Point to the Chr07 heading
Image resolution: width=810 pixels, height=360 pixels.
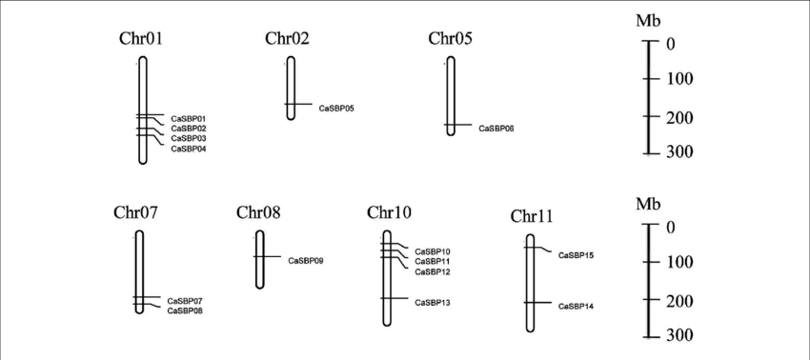click(135, 211)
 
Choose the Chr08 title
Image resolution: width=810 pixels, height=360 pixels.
click(258, 211)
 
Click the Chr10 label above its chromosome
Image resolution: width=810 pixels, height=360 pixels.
click(389, 211)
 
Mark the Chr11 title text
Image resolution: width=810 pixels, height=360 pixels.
click(532, 216)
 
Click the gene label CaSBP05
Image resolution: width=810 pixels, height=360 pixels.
click(336, 109)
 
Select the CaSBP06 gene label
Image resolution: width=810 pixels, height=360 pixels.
click(496, 128)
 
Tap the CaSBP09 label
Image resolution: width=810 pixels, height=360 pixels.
click(305, 260)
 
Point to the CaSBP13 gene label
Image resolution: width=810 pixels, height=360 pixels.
click(433, 302)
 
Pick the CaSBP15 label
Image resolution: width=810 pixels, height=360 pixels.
click(576, 255)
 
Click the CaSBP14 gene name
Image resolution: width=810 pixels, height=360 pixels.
click(576, 306)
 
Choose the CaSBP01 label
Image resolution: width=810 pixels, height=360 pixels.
click(188, 118)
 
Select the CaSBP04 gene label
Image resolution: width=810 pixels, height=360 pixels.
click(188, 149)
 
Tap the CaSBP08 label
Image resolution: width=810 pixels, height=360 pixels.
click(185, 310)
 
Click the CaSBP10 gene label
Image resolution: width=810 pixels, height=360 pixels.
click(433, 251)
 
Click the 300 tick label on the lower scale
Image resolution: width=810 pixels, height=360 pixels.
click(679, 336)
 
